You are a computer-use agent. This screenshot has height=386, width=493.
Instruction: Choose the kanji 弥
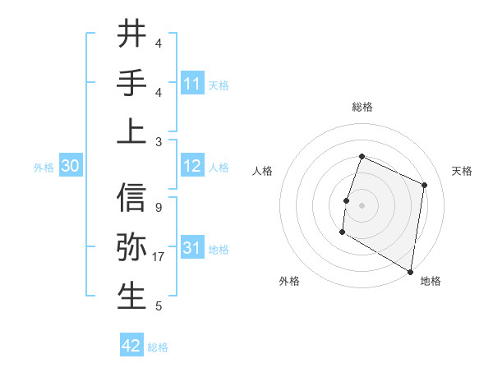[x=131, y=247]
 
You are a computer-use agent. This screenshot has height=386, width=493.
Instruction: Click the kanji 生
[x=131, y=296]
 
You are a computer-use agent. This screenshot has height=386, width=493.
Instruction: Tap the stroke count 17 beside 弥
[x=160, y=257]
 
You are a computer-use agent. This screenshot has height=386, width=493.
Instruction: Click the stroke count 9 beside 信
[x=158, y=208]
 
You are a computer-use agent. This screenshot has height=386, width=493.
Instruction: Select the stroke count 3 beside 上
[x=158, y=141]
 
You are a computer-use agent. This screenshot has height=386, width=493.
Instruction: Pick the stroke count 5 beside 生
[x=158, y=306]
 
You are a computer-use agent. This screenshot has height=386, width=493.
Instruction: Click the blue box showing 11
[x=192, y=83]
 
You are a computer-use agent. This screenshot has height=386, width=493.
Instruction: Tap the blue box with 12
[x=192, y=166]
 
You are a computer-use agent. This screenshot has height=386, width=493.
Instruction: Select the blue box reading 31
[x=192, y=248]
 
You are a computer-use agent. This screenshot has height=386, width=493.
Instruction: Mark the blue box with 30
[x=71, y=166]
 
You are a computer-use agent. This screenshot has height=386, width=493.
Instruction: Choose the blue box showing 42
[x=131, y=346]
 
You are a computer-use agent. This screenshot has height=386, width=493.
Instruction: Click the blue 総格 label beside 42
[x=158, y=347]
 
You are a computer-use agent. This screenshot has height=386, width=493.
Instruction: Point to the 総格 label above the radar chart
[x=362, y=107]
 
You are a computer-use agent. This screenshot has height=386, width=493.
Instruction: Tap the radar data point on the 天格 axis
[x=425, y=185]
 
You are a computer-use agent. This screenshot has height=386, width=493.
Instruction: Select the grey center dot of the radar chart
[x=362, y=204]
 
